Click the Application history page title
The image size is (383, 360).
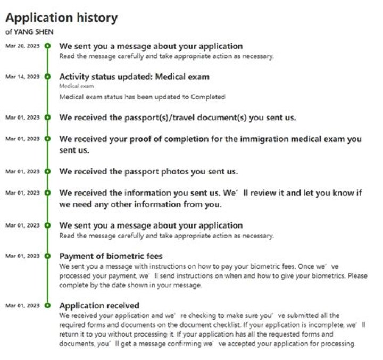tap(61, 18)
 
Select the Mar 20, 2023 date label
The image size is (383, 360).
tap(22, 46)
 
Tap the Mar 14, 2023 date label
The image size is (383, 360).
tap(22, 77)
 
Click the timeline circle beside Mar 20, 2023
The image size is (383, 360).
tap(47, 46)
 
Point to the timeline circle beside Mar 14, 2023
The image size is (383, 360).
tap(47, 77)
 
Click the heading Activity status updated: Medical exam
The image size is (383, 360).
tap(134, 77)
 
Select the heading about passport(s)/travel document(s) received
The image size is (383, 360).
tap(177, 118)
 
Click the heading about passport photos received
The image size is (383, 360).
tap(148, 172)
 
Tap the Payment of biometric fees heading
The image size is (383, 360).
tap(111, 256)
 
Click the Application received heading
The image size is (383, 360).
tap(99, 306)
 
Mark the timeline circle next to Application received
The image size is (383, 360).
tap(47, 306)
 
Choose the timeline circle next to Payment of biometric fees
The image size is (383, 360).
tap(47, 256)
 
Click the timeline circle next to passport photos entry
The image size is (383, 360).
tap(47, 171)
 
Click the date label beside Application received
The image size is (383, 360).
tap(22, 306)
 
